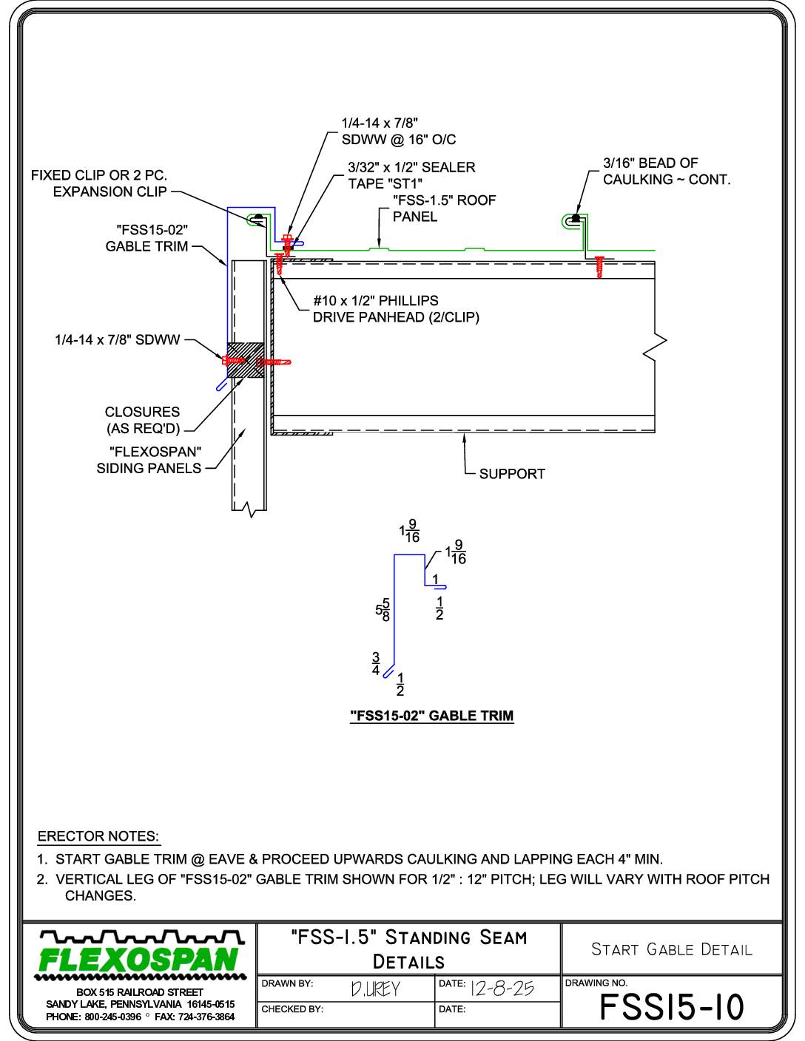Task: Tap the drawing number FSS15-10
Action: (x=672, y=1007)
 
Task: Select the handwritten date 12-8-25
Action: (x=502, y=989)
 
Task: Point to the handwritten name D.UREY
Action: (x=375, y=989)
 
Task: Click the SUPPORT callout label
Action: (x=512, y=474)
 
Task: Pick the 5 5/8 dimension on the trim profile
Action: (x=383, y=610)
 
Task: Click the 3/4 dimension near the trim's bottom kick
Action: (x=376, y=663)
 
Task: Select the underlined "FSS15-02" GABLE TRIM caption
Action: (x=432, y=716)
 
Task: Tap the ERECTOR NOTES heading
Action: (x=98, y=836)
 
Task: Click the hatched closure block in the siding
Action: (x=246, y=360)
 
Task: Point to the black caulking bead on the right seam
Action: (x=576, y=218)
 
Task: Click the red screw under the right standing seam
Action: (x=599, y=266)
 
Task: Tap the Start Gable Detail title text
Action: (x=672, y=949)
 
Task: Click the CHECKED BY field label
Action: (x=292, y=1009)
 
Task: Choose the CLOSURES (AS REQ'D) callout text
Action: (x=142, y=420)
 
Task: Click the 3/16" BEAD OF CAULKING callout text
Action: (x=667, y=171)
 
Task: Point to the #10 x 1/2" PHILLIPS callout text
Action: (x=376, y=301)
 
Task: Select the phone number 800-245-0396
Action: (x=113, y=1017)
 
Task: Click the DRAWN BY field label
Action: (x=287, y=983)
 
